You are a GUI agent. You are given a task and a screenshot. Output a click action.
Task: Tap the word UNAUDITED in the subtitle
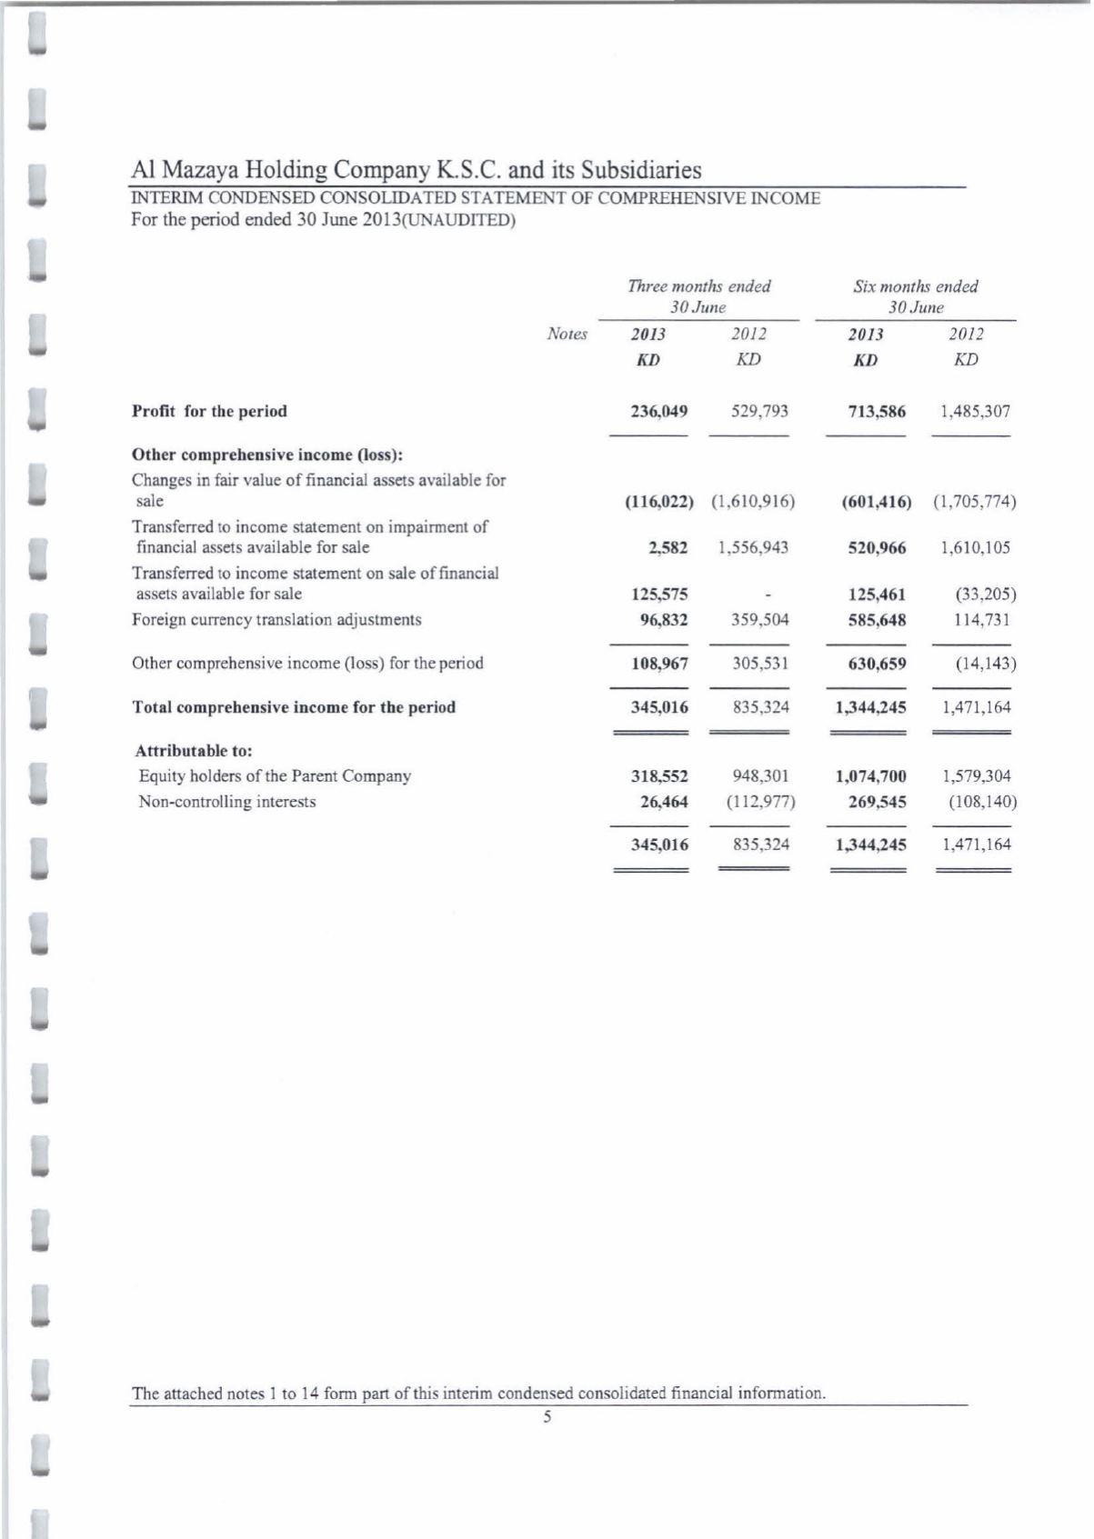pyautogui.click(x=467, y=220)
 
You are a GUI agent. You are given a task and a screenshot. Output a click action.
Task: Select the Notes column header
pyautogui.click(x=567, y=335)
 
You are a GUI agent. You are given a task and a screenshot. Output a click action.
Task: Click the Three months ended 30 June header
pyautogui.click(x=698, y=296)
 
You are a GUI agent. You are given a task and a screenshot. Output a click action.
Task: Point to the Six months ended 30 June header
pyautogui.click(x=915, y=296)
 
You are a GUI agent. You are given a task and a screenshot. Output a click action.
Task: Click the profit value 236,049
pyautogui.click(x=659, y=411)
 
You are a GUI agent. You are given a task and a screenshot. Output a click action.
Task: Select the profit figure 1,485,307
pyautogui.click(x=975, y=411)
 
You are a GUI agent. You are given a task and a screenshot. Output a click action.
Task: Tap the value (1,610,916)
pyautogui.click(x=753, y=501)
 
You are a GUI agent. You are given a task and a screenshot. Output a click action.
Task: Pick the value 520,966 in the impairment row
pyautogui.click(x=877, y=547)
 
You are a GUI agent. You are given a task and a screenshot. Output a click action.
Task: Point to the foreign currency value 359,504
pyautogui.click(x=760, y=620)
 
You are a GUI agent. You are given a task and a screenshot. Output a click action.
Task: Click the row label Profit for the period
pyautogui.click(x=209, y=411)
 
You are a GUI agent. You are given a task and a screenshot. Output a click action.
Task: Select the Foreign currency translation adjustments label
pyautogui.click(x=276, y=620)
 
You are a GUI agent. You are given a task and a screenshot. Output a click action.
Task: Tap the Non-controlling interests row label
pyautogui.click(x=227, y=802)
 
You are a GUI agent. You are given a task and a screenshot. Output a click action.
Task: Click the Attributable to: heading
pyautogui.click(x=194, y=751)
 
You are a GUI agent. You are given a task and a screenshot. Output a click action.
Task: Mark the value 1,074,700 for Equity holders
pyautogui.click(x=871, y=776)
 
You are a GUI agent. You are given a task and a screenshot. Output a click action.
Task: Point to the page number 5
pyautogui.click(x=547, y=1416)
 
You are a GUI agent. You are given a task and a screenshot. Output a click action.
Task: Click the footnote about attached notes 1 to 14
pyautogui.click(x=478, y=1393)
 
